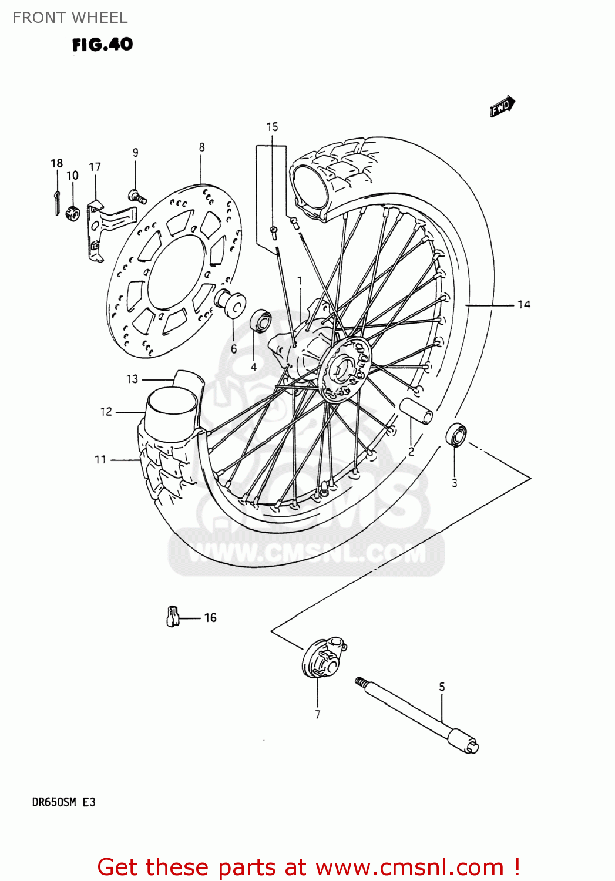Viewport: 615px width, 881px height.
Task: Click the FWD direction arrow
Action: coord(502,106)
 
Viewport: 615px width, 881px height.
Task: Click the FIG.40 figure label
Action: coord(102,45)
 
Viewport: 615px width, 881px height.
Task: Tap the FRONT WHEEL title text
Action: coord(70,18)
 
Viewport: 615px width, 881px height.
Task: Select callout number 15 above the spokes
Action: coord(272,127)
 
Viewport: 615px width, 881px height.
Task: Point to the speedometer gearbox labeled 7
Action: coord(322,658)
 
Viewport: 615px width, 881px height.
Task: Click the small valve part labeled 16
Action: coord(172,616)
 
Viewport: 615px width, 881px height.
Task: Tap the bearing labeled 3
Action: coord(456,435)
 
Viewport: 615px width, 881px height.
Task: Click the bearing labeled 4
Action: coord(260,321)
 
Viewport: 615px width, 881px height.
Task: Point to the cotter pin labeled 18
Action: coord(56,195)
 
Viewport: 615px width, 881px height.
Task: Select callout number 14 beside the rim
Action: coord(523,304)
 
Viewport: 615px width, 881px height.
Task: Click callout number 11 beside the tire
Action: coord(100,459)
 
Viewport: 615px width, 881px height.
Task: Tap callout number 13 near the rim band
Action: coord(132,379)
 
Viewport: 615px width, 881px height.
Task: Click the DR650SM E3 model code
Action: coord(63,802)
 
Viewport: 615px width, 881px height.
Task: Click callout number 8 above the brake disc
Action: coord(201,147)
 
